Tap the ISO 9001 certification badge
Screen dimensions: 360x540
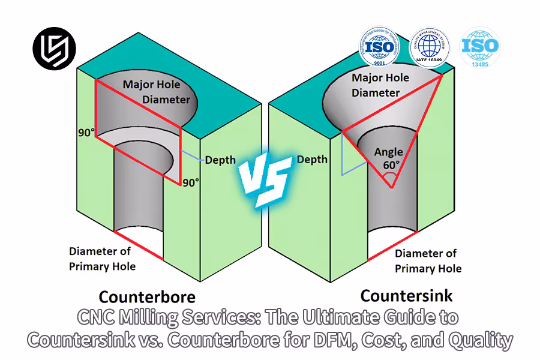(x=382, y=46)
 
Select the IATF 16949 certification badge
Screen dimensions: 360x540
(x=430, y=47)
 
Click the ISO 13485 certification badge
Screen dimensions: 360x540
(x=480, y=46)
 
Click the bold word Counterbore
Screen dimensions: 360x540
(x=146, y=297)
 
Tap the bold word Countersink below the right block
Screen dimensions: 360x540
(x=406, y=295)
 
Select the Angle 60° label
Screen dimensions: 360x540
(x=388, y=158)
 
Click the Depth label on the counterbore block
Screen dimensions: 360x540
(x=220, y=160)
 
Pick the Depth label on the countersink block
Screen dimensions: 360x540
(x=312, y=159)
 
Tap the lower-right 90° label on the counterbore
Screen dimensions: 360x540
(x=191, y=182)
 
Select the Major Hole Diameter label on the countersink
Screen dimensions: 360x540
(x=380, y=85)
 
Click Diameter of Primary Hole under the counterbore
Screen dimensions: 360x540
(x=102, y=259)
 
